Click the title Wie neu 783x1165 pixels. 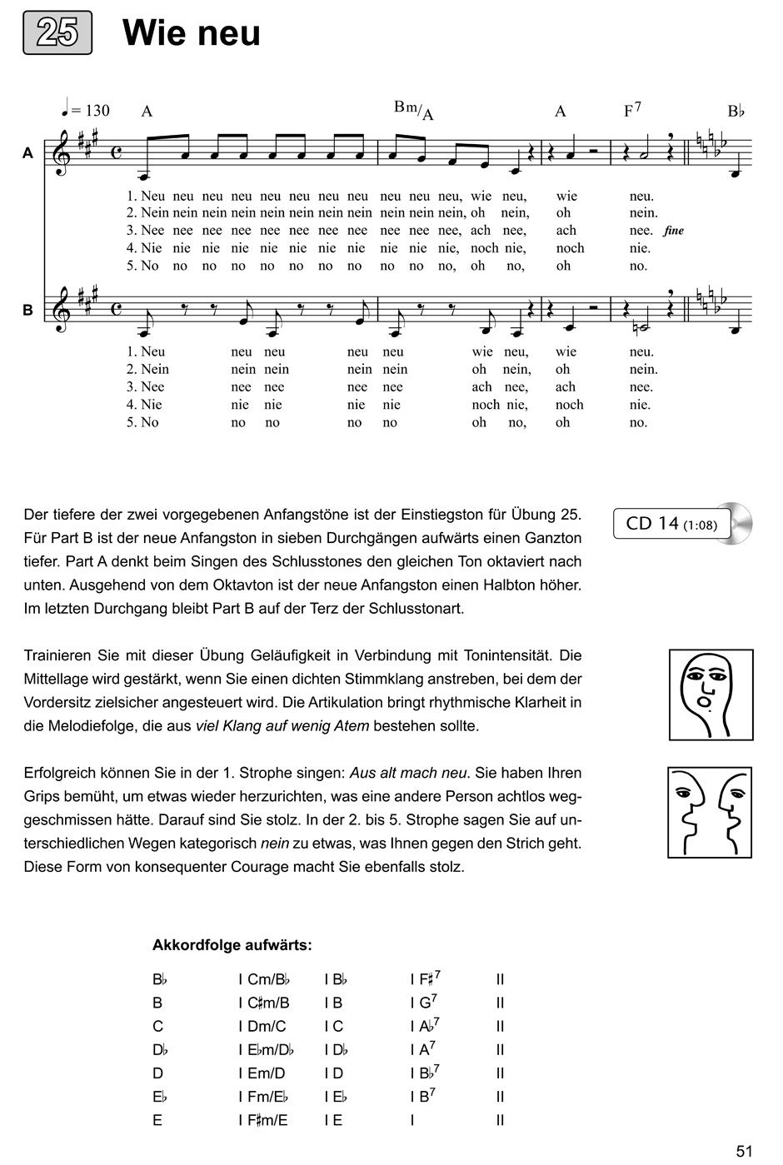point(191,34)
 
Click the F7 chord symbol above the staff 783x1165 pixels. point(632,110)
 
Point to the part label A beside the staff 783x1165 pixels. point(27,153)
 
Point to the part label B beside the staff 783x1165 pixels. point(27,309)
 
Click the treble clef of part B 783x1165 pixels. point(60,310)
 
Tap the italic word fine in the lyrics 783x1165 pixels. point(674,231)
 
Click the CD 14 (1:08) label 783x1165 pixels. point(673,524)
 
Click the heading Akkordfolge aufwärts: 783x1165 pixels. point(232,945)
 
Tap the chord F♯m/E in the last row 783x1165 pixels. point(267,1120)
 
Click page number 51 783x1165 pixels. point(744,1151)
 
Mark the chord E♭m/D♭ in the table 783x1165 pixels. point(270,1050)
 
